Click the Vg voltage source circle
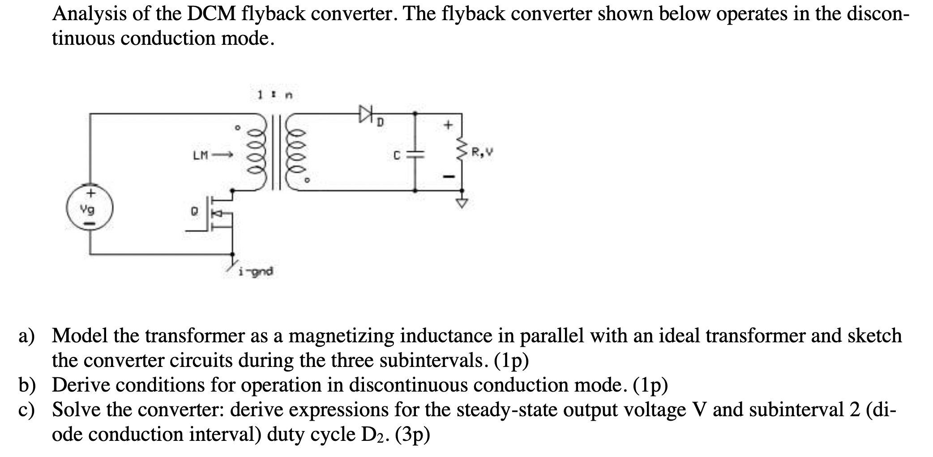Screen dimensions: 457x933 90,208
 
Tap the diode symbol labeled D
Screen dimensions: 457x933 365,113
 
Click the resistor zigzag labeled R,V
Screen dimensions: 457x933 462,155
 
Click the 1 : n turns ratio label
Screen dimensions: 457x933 274,95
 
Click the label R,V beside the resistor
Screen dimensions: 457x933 483,153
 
